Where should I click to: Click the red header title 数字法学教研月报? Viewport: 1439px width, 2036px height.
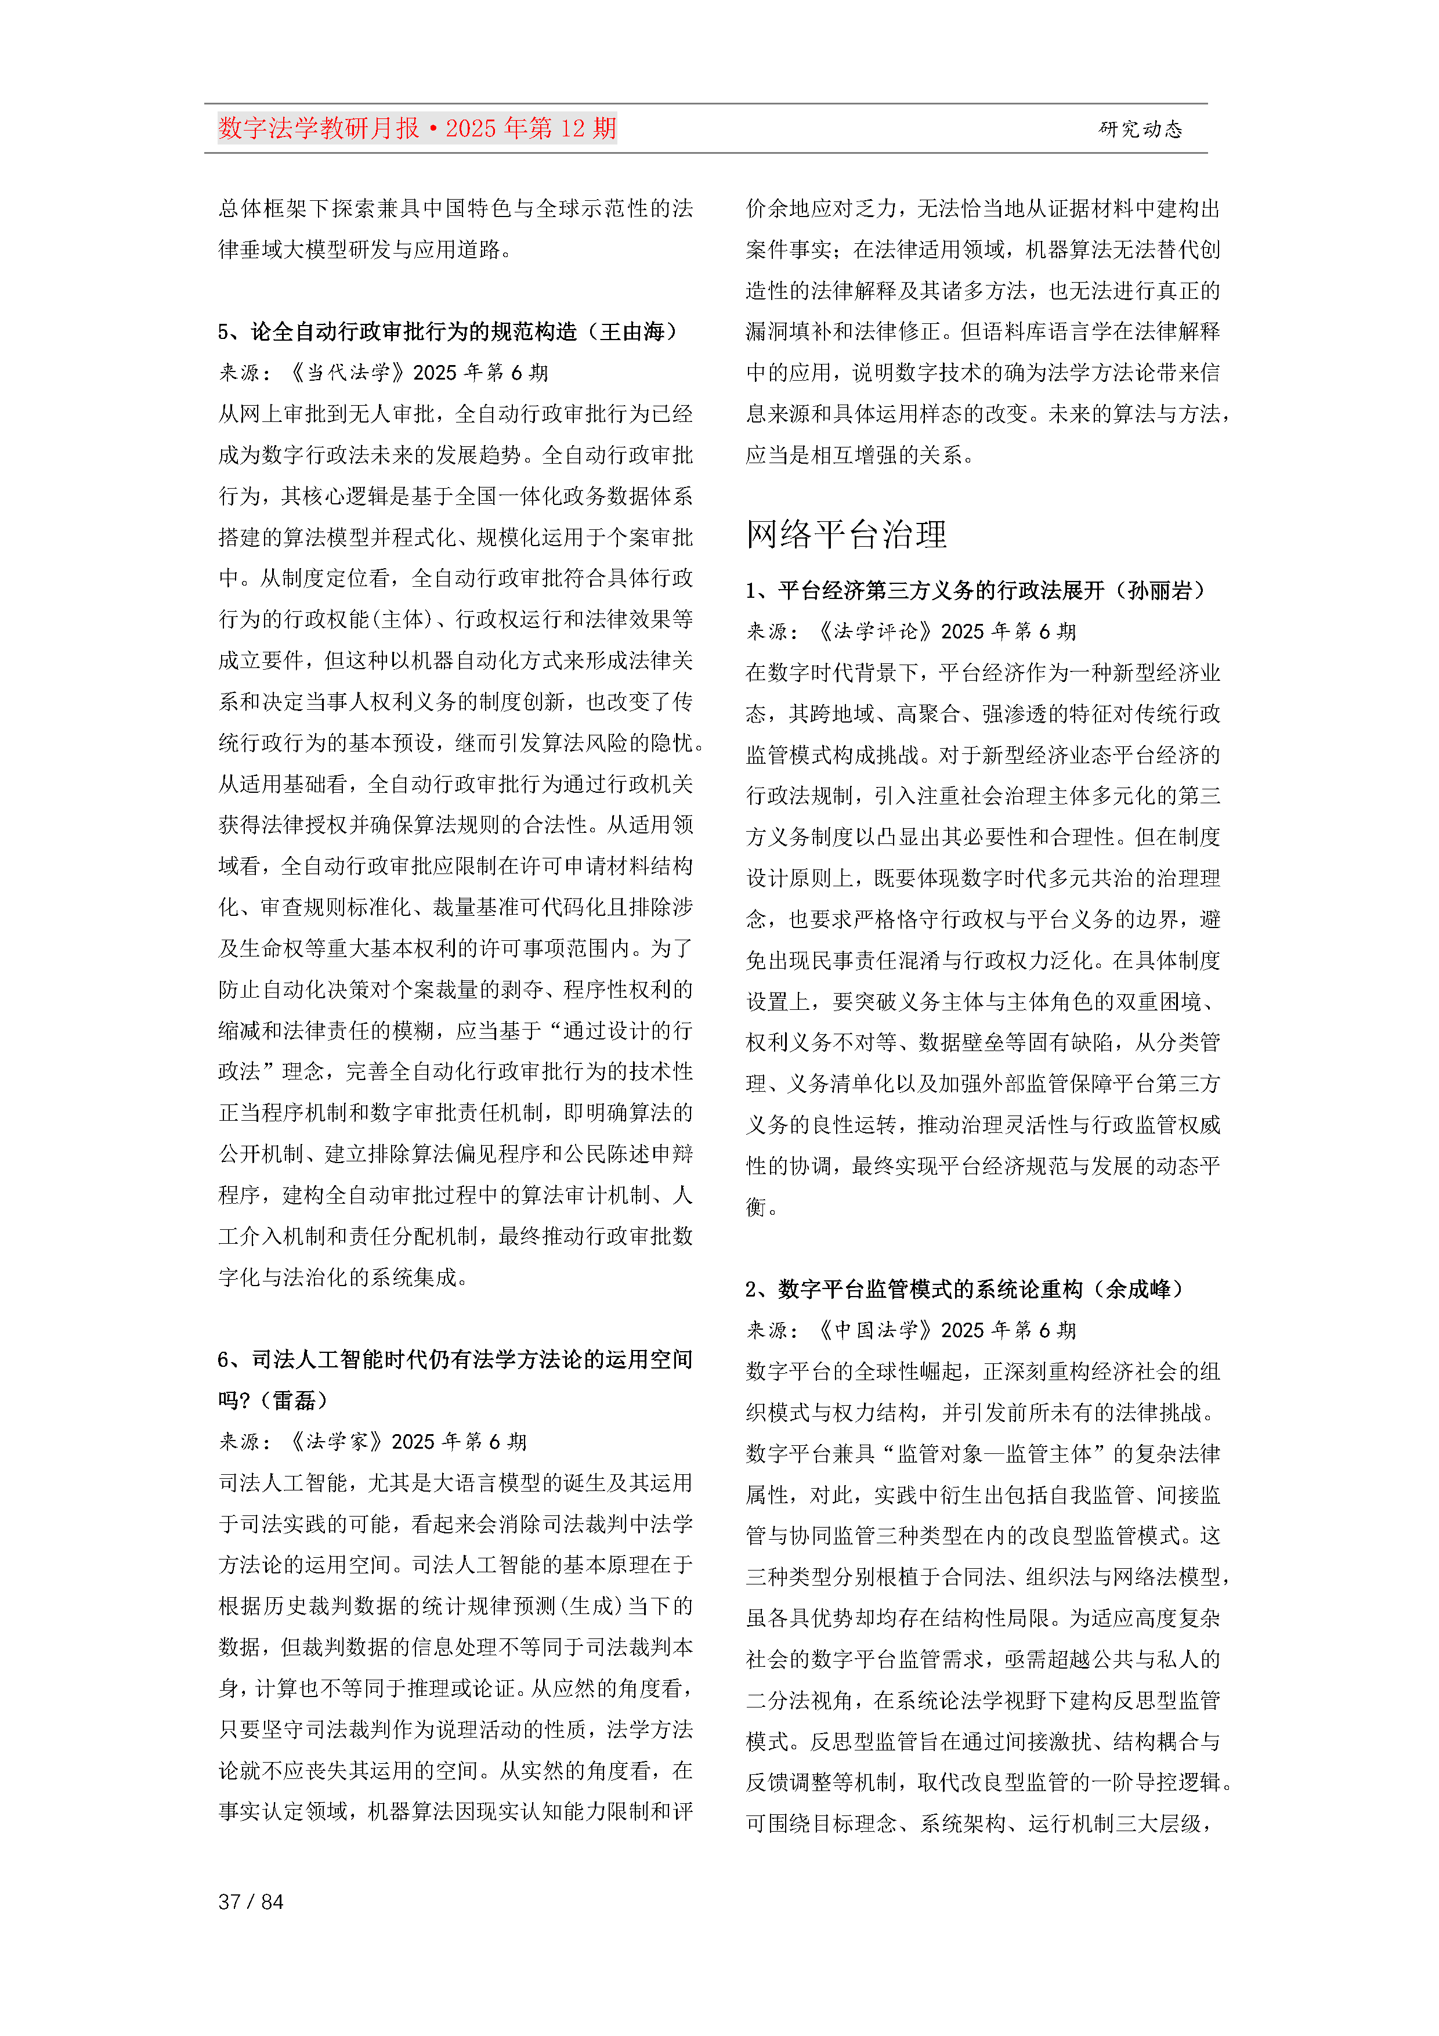[x=319, y=129]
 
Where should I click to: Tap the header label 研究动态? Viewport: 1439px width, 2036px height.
[x=1140, y=129]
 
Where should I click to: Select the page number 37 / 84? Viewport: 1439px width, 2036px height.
[x=251, y=1901]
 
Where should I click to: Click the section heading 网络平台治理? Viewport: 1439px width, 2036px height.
[x=846, y=535]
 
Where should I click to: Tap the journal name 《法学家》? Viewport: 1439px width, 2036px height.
[x=336, y=1441]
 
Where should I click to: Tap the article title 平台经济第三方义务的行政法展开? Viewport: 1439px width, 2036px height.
[x=941, y=591]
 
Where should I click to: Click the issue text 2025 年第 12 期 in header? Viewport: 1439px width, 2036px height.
[x=530, y=129]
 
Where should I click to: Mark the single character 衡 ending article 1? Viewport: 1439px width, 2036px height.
[x=756, y=1207]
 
